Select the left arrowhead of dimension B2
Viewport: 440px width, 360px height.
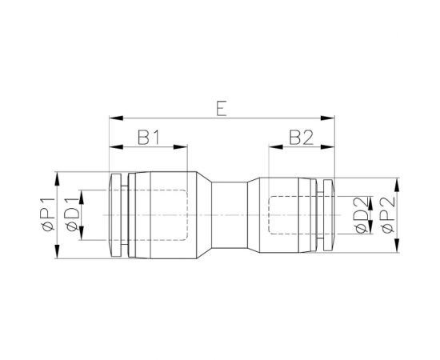pyautogui.click(x=273, y=147)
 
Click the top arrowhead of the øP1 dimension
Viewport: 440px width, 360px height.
pyautogui.click(x=58, y=174)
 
